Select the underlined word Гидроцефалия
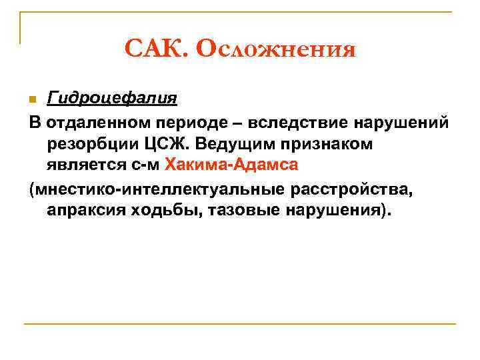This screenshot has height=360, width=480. pos(111,99)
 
